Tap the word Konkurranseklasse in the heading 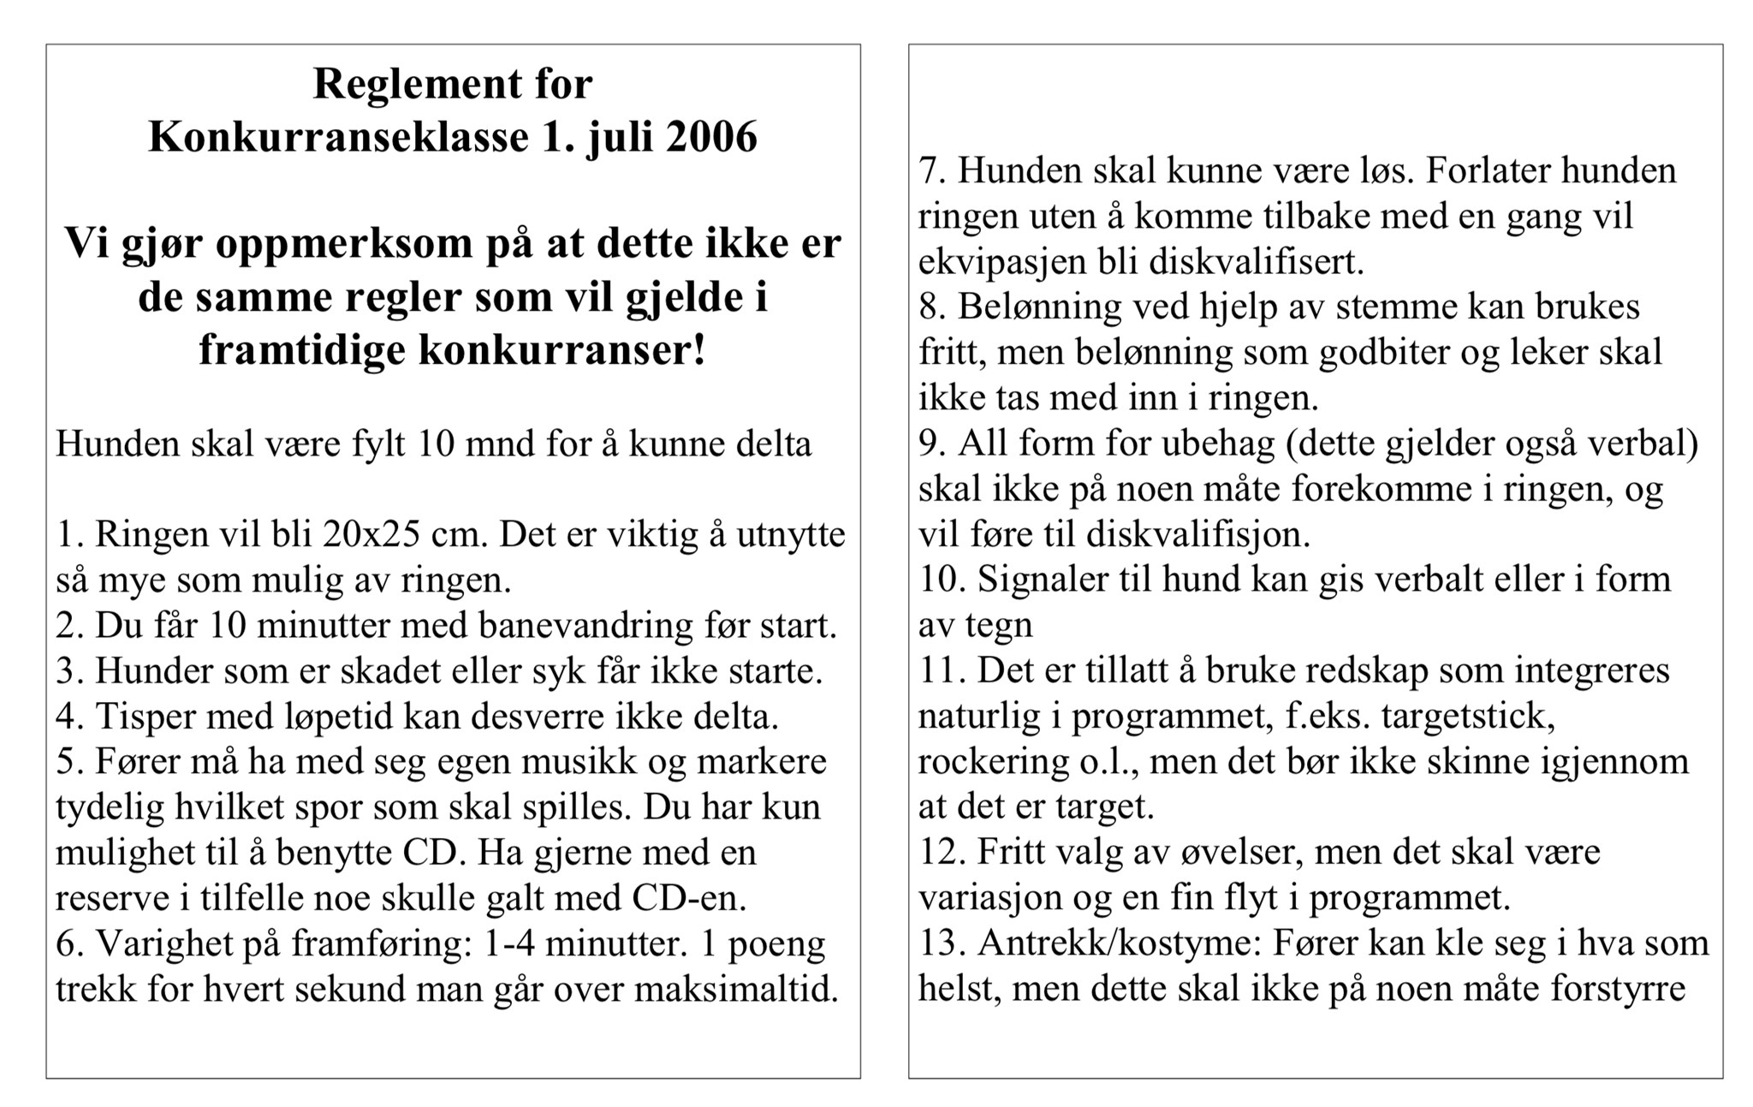338,137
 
